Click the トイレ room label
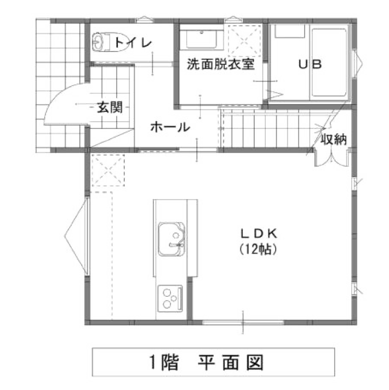pyautogui.click(x=133, y=43)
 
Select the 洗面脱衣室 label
pyautogui.click(x=221, y=64)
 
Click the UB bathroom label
pyautogui.click(x=310, y=64)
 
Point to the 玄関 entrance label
pyautogui.click(x=110, y=107)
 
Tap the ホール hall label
pyautogui.click(x=170, y=127)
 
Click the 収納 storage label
pyautogui.click(x=334, y=139)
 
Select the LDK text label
pyautogui.click(x=259, y=234)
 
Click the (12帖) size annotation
pyautogui.click(x=259, y=249)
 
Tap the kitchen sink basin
pyautogui.click(x=171, y=239)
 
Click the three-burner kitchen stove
pyautogui.click(x=170, y=298)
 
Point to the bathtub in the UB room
pyautogui.click(x=329, y=63)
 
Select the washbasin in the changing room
pyautogui.click(x=201, y=39)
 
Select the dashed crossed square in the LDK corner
pyautogui.click(x=108, y=170)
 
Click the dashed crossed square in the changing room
pyautogui.click(x=245, y=41)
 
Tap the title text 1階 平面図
pyautogui.click(x=206, y=363)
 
